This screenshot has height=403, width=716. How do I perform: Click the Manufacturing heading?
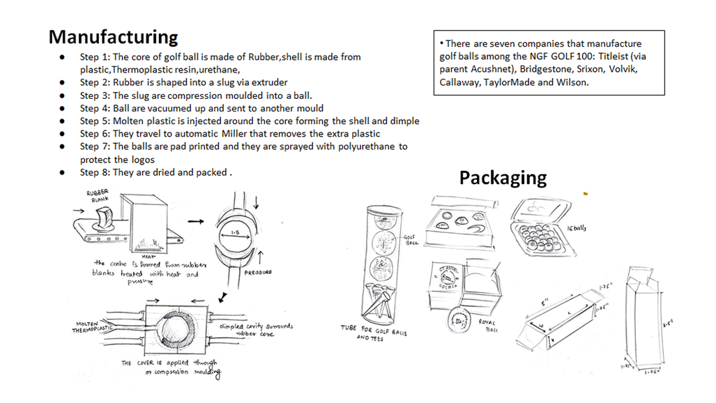point(113,36)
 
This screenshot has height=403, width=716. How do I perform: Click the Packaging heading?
point(502,178)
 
